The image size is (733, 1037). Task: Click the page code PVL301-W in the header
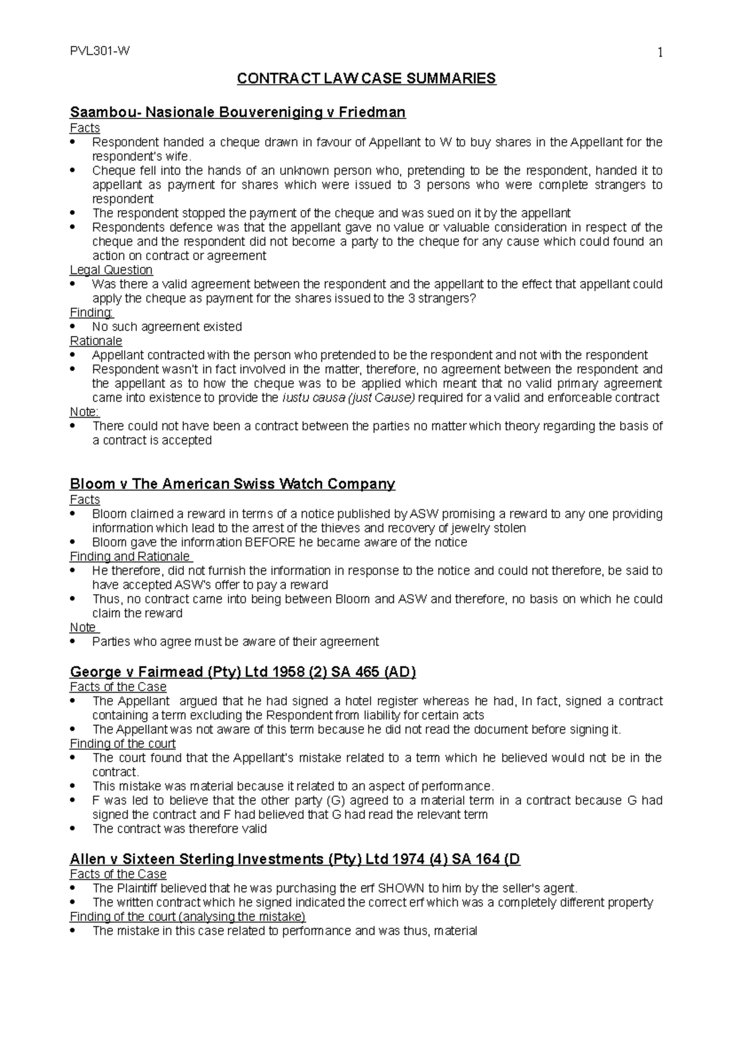click(x=100, y=52)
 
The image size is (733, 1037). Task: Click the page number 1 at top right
click(x=659, y=53)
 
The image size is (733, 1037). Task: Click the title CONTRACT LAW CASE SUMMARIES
click(x=366, y=79)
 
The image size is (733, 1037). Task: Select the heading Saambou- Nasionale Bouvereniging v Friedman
click(x=238, y=112)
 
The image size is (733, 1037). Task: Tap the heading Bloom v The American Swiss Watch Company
click(x=233, y=484)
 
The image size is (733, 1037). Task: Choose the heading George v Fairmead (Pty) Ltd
click(x=243, y=672)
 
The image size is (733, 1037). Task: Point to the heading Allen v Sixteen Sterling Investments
click(x=295, y=859)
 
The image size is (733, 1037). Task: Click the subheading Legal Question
click(x=111, y=270)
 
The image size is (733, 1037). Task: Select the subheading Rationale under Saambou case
click(x=96, y=341)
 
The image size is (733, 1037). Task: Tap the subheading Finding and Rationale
click(x=131, y=556)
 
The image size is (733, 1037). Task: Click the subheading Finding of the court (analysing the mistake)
click(x=188, y=917)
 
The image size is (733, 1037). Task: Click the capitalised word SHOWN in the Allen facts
click(x=401, y=888)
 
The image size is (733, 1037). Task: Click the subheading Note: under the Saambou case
click(x=84, y=412)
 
